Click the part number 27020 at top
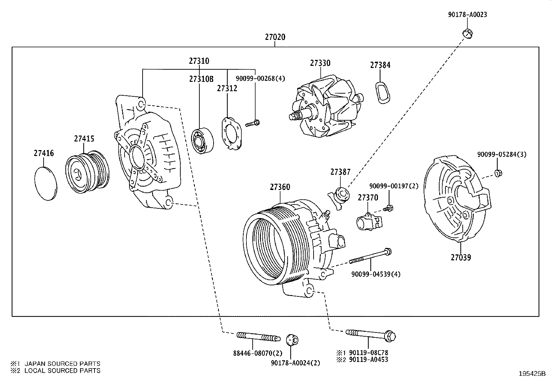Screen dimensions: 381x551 pyautogui.click(x=275, y=37)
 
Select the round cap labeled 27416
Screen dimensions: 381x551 pyautogui.click(x=46, y=183)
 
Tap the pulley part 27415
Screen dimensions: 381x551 pyautogui.click(x=87, y=172)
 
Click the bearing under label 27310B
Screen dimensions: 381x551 pyautogui.click(x=202, y=140)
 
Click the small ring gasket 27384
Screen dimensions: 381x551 pyautogui.click(x=382, y=93)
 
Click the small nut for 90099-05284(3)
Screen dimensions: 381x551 pyautogui.click(x=498, y=173)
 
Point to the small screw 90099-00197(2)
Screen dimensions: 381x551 pyautogui.click(x=389, y=208)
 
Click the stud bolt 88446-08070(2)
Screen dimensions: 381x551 pyautogui.click(x=258, y=336)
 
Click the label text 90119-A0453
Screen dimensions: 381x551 pyautogui.click(x=368, y=360)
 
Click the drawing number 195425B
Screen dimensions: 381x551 pyautogui.click(x=532, y=374)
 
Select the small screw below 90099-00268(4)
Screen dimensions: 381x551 pyautogui.click(x=253, y=123)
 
